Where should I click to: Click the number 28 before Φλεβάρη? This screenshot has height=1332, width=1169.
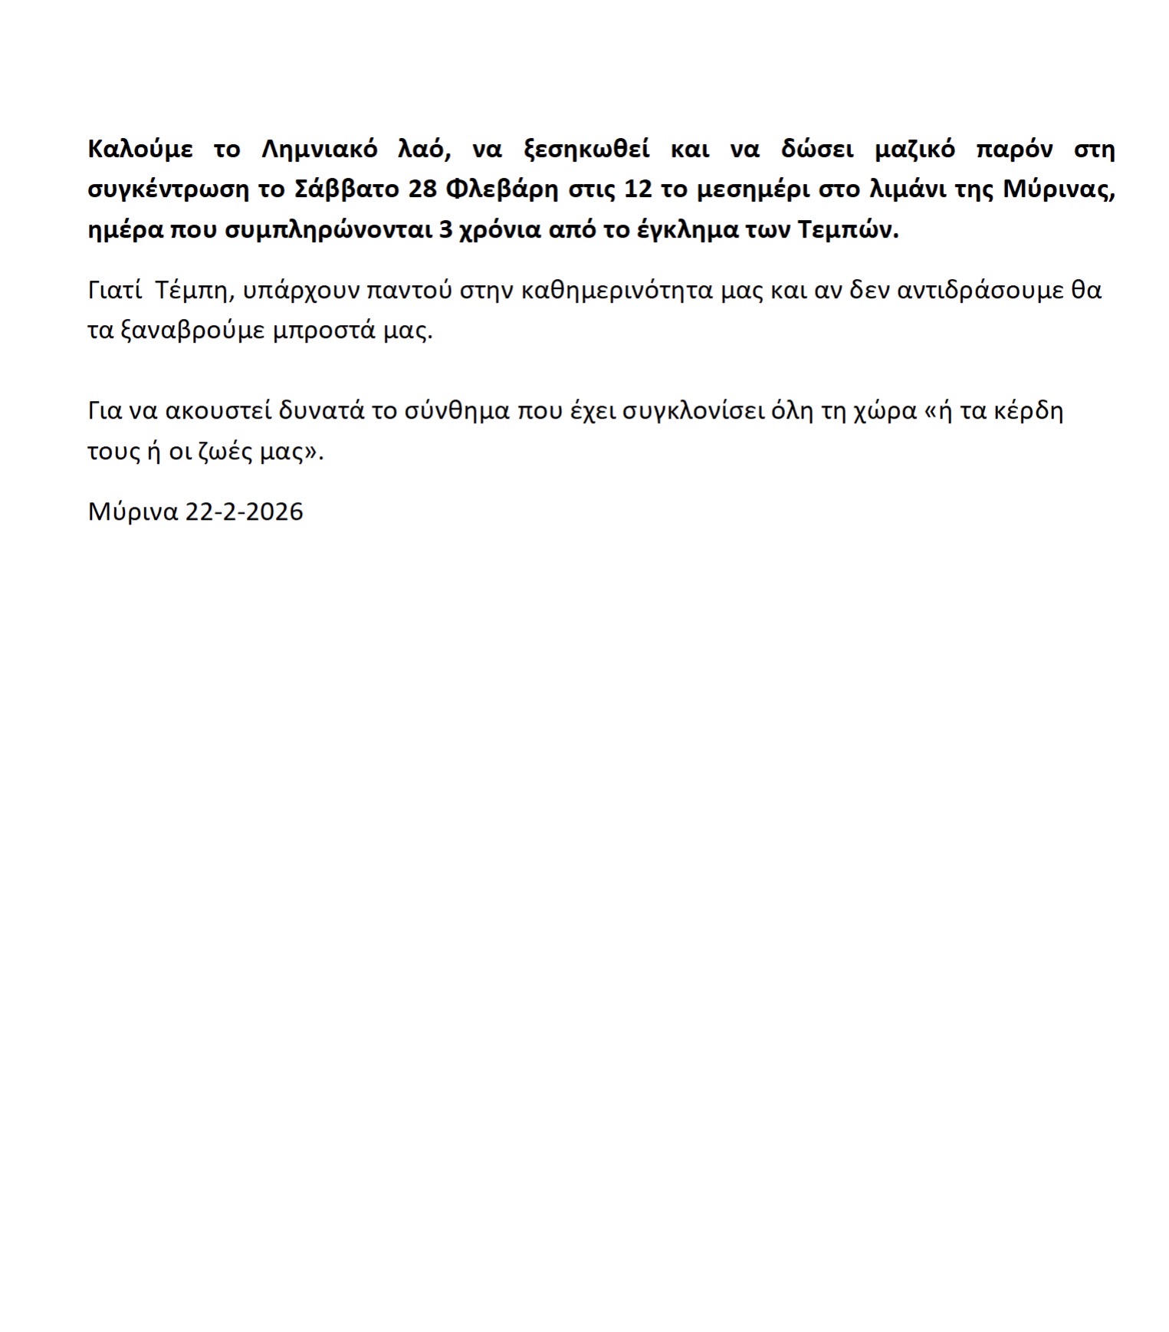point(422,189)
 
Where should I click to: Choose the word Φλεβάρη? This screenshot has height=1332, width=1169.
point(502,189)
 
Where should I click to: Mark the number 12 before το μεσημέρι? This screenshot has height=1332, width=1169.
point(639,189)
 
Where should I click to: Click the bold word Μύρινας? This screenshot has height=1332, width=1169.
point(1059,189)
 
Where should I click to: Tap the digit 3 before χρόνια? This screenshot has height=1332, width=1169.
point(445,230)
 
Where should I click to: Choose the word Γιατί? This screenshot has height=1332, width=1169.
point(114,291)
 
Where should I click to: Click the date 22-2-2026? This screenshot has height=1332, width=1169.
point(244,511)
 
